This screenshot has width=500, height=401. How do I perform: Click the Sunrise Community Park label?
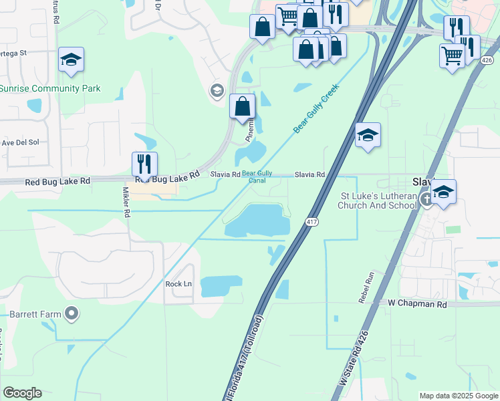click(50, 88)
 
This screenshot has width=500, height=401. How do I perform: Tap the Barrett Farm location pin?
click(72, 313)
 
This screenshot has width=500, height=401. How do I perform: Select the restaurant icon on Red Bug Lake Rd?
click(144, 164)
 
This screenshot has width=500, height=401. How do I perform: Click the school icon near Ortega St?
click(71, 59)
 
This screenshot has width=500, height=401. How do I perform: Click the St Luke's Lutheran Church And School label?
click(379, 200)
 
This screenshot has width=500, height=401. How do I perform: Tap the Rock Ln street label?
click(178, 284)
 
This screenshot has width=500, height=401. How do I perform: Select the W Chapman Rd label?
click(416, 303)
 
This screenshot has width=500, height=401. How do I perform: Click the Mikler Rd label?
click(125, 201)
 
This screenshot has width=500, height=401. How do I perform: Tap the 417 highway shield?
click(311, 221)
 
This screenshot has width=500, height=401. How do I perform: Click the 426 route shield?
click(487, 60)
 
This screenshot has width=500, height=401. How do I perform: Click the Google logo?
click(22, 393)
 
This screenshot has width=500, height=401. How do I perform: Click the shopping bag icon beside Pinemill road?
click(242, 107)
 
